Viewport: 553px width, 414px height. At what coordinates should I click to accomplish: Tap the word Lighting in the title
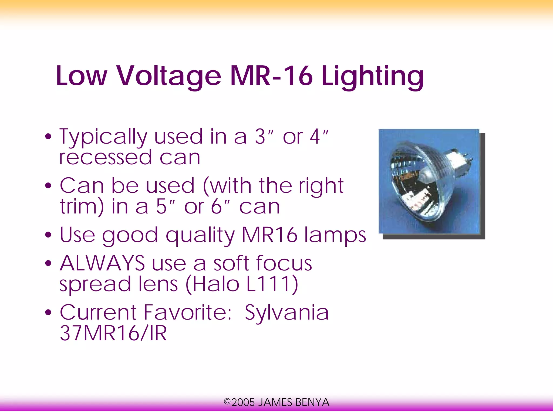[x=372, y=76]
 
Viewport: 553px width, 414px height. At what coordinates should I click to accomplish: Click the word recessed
[x=106, y=158]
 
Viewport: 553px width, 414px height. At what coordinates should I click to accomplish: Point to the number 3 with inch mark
[x=264, y=137]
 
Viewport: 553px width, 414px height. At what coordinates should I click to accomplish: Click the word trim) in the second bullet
[x=82, y=207]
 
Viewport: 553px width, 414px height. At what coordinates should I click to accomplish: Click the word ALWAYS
[x=102, y=263]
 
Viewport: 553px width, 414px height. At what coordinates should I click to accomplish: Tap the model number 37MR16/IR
[x=113, y=333]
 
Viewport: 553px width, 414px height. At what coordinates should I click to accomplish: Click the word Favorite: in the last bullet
[x=187, y=313]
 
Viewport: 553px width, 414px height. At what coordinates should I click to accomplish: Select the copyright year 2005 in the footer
[x=243, y=402]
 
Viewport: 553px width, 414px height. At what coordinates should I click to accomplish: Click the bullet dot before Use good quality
[x=48, y=235]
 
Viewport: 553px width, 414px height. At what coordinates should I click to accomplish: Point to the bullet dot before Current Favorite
[x=48, y=313]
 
